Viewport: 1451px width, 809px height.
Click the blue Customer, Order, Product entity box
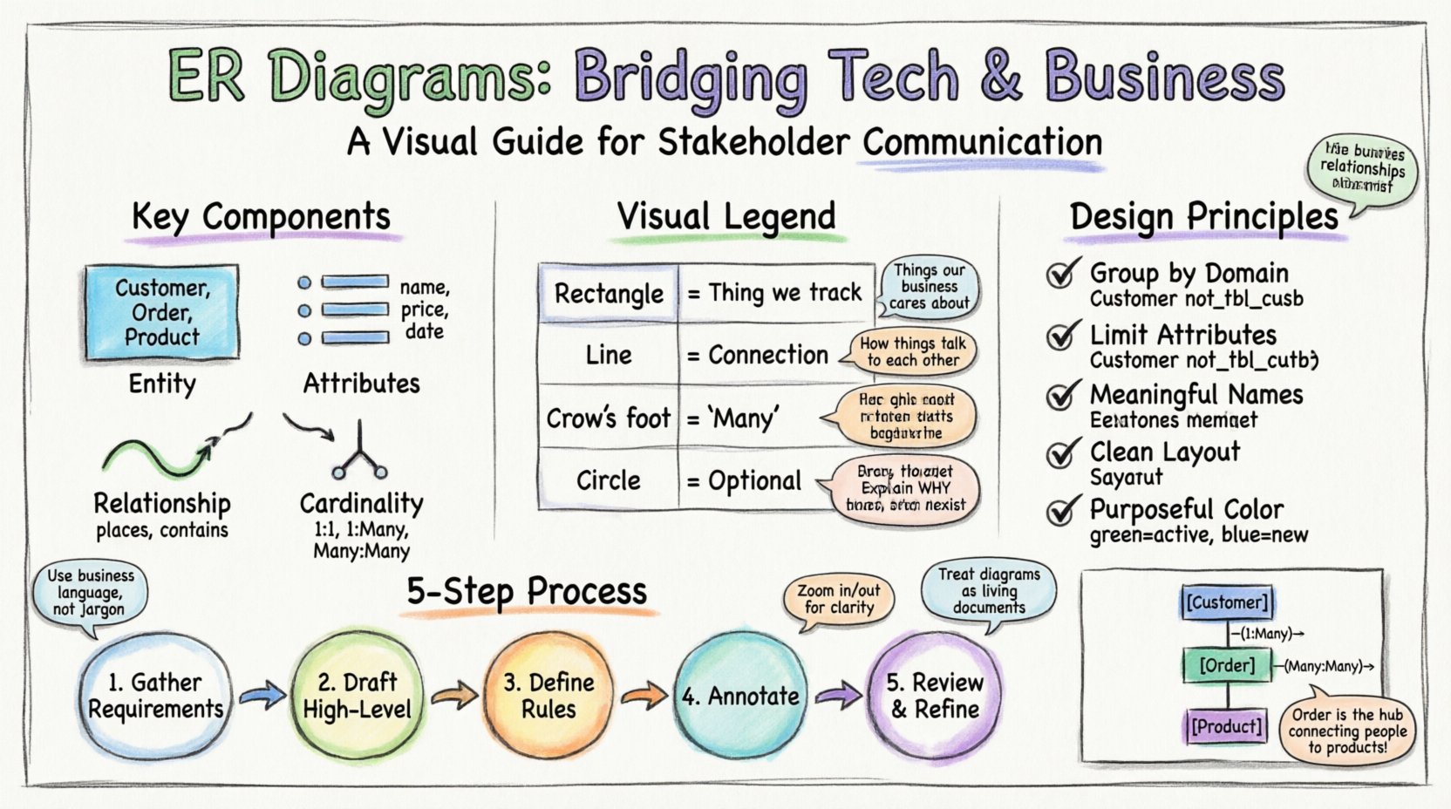click(162, 312)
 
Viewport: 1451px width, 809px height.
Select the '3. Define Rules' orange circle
click(548, 696)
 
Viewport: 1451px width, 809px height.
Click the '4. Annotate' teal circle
click(740, 696)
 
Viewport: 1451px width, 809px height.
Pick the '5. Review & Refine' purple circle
click(934, 696)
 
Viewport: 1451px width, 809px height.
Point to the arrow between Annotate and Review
click(837, 696)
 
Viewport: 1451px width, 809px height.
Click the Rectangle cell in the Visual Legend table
click(609, 294)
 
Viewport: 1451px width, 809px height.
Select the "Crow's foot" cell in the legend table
click(609, 418)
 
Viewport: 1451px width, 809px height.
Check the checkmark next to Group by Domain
click(1061, 275)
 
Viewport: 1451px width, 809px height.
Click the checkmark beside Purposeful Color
click(1061, 511)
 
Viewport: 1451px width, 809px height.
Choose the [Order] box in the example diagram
click(1227, 666)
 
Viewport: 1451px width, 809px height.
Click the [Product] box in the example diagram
click(1227, 726)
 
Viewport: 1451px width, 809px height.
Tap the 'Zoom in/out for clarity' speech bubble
click(839, 599)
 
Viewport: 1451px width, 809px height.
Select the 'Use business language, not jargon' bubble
click(91, 592)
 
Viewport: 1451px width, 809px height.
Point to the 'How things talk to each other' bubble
click(912, 351)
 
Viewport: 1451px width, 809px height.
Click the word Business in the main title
click(1164, 77)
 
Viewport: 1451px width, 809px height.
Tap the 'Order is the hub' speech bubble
click(1347, 730)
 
